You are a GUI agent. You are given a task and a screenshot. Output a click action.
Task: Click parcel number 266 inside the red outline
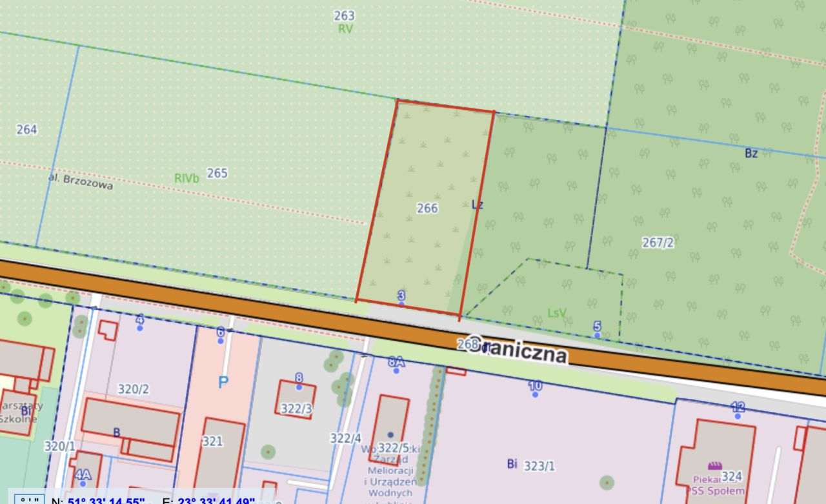[x=427, y=208]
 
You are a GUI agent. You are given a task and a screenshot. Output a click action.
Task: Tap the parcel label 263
[x=345, y=15]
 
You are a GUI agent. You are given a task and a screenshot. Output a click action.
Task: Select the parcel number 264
[x=26, y=130]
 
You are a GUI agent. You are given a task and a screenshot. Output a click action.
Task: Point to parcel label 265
[x=217, y=173]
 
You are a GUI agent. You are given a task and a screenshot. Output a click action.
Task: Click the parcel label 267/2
[x=658, y=243]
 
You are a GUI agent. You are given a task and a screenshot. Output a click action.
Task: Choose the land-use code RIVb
[x=186, y=178]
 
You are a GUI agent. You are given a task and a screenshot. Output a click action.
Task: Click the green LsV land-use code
[x=557, y=313]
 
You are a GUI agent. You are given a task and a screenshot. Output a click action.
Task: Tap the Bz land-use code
[x=751, y=154]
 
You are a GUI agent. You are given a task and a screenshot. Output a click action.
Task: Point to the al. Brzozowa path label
[x=81, y=181]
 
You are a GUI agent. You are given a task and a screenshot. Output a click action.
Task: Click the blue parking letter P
[x=223, y=382]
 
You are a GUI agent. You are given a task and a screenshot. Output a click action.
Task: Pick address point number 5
[x=597, y=327]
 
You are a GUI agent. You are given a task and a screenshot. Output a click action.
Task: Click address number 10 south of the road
[x=535, y=386]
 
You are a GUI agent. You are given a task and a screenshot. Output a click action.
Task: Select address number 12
[x=738, y=407]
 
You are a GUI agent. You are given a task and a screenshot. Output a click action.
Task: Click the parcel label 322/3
[x=297, y=408]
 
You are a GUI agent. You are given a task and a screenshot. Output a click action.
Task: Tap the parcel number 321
[x=212, y=441]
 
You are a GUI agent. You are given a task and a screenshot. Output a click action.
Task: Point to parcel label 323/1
[x=539, y=465]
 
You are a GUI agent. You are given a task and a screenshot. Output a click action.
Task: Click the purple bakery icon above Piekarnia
[x=714, y=465]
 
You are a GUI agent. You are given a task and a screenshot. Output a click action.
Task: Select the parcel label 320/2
[x=134, y=389]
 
